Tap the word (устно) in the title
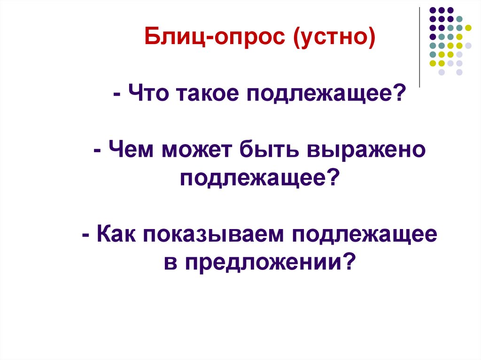[334, 38]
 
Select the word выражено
[366, 151]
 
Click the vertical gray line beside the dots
[419, 47]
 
